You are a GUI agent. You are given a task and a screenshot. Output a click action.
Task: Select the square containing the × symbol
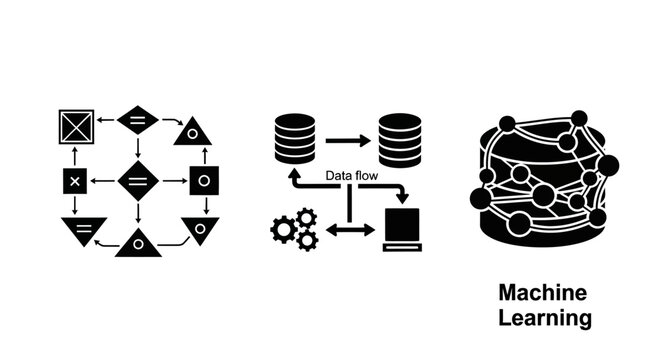(75, 182)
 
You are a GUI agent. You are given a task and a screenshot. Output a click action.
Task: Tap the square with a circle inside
(204, 182)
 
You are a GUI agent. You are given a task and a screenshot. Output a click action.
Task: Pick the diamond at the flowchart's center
(138, 181)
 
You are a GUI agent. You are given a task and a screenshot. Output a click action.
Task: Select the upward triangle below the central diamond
(138, 243)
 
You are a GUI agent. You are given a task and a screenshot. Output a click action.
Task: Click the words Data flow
(349, 177)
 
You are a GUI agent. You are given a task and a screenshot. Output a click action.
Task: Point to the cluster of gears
(294, 229)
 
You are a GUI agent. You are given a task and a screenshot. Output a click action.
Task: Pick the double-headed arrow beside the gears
(350, 230)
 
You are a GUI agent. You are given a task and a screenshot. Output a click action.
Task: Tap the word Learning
(545, 319)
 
